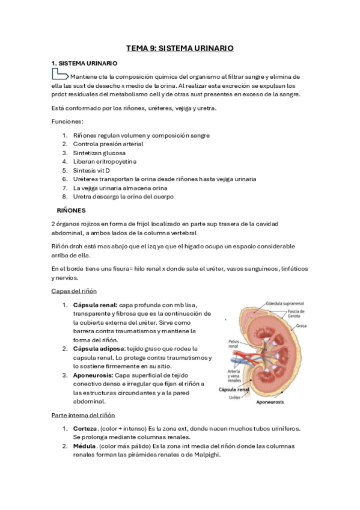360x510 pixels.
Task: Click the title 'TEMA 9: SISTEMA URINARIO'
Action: pyautogui.click(x=180, y=47)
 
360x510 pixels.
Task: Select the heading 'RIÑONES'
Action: pyautogui.click(x=71, y=211)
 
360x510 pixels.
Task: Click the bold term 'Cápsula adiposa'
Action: pyautogui.click(x=99, y=349)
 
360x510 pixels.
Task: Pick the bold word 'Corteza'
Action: pyautogui.click(x=86, y=428)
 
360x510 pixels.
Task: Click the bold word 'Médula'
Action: pyautogui.click(x=85, y=446)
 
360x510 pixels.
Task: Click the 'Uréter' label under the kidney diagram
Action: pyautogui.click(x=245, y=398)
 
